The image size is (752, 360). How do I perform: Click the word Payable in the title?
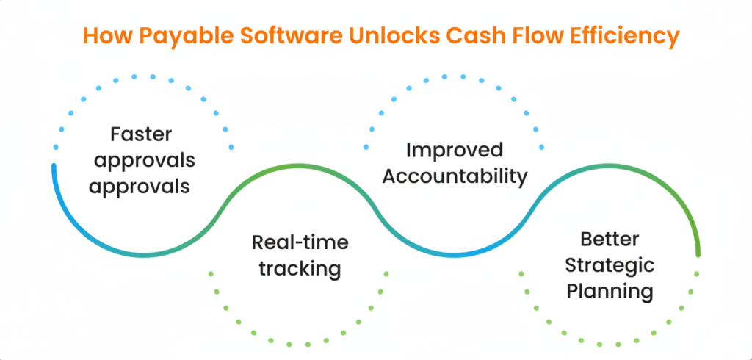click(176, 35)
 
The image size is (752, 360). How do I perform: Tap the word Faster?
click(141, 134)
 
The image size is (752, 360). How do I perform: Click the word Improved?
click(454, 150)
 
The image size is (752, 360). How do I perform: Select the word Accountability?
click(455, 176)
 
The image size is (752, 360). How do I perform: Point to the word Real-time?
click(300, 242)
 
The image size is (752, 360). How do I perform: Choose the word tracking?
click(300, 270)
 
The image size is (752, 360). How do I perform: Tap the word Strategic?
click(610, 265)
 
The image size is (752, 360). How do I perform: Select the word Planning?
click(610, 292)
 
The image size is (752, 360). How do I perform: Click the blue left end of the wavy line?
click(54, 166)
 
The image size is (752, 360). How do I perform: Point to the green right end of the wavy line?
click(698, 254)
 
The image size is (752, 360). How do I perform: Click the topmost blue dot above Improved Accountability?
click(444, 76)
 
